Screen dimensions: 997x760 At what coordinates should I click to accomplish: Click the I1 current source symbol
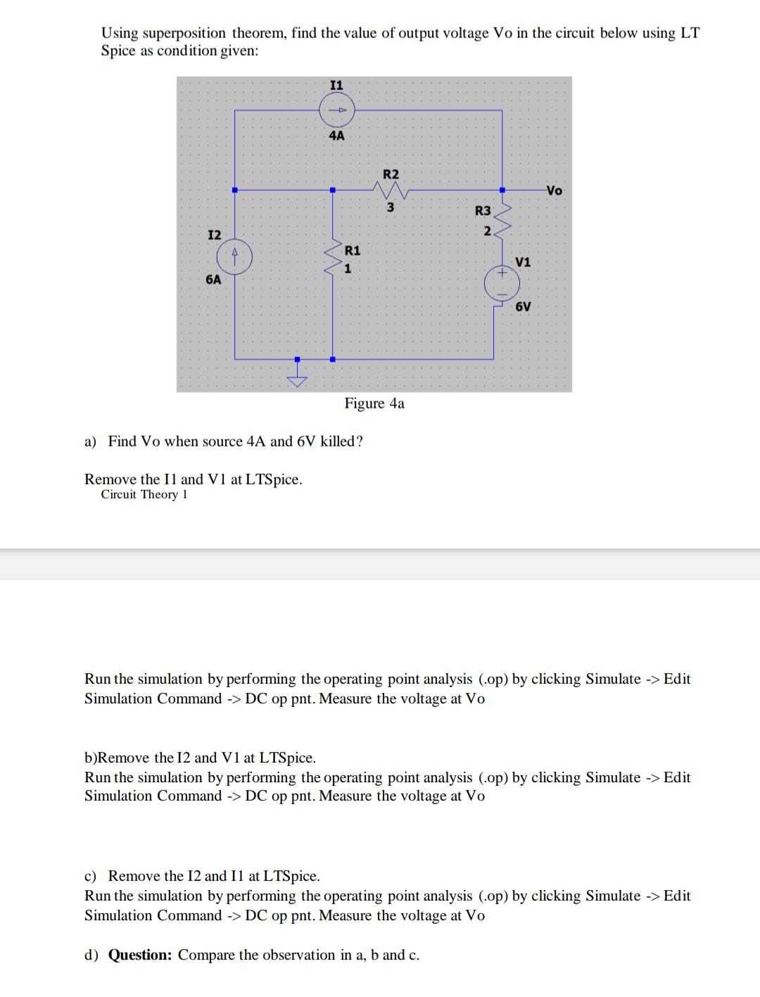(x=337, y=110)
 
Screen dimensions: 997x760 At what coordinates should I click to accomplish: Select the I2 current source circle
(x=235, y=257)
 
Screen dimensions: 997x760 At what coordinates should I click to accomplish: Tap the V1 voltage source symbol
(x=502, y=283)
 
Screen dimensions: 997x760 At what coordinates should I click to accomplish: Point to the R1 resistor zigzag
(x=332, y=259)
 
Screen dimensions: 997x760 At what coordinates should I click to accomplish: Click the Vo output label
(x=555, y=190)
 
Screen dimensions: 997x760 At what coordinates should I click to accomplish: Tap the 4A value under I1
(x=337, y=135)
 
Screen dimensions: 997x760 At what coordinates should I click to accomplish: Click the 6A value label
(x=213, y=280)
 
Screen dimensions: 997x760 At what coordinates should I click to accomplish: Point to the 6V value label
(x=523, y=307)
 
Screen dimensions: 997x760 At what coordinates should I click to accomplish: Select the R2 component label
(x=391, y=174)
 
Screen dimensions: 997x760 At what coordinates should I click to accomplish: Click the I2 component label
(x=214, y=234)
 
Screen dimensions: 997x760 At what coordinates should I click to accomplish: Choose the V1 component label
(x=523, y=263)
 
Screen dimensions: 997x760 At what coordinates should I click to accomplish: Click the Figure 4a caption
(x=374, y=403)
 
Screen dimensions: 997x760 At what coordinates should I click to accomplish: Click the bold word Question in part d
(x=139, y=955)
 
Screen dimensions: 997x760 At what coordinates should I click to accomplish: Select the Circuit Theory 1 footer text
(x=144, y=494)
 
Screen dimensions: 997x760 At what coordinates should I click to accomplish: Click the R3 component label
(x=483, y=211)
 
